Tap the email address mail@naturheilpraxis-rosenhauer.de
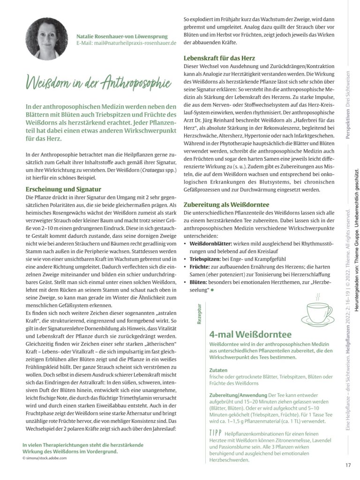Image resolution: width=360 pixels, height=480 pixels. tap(126, 43)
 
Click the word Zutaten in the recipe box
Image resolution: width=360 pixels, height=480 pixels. tap(218, 369)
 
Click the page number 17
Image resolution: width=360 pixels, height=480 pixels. tap(348, 465)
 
